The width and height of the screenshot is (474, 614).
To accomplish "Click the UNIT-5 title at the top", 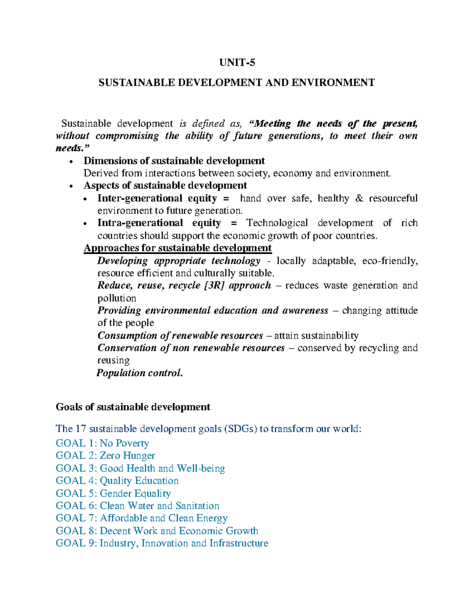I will pos(237,62).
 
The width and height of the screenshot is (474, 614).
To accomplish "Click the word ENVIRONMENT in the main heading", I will pos(333,83).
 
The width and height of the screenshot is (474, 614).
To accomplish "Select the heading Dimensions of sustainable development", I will pos(174,161).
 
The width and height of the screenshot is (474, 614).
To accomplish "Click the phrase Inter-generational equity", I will pos(157,198).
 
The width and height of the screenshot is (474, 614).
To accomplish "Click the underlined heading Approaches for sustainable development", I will pos(177,248).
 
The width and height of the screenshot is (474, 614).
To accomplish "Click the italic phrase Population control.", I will pos(140,373).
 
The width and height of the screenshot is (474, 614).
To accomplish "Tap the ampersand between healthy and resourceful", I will pos(359,198).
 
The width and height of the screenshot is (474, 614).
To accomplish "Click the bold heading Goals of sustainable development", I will pos(133,407).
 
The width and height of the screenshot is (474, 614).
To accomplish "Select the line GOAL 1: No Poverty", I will pos(102,443).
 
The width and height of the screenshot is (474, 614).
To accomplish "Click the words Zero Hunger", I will pos(127,455).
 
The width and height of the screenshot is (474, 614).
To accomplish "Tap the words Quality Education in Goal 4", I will pos(139,481).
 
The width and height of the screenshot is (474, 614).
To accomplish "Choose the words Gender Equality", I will pos(135,493).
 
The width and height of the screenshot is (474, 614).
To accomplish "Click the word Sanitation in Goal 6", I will pos(197,506).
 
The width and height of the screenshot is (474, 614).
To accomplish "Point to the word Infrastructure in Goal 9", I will pos(239,543).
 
